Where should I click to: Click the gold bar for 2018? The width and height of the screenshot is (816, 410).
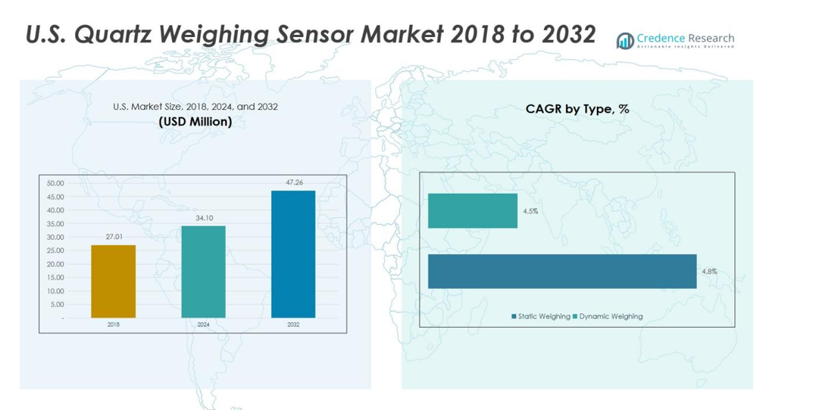tap(113, 281)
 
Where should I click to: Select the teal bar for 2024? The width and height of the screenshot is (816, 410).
tap(203, 272)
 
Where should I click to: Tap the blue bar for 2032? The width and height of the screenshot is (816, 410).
tap(293, 254)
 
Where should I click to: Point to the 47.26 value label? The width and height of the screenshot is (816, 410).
tap(293, 182)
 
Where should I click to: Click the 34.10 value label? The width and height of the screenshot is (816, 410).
tap(203, 218)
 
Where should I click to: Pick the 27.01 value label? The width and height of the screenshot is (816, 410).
tap(113, 237)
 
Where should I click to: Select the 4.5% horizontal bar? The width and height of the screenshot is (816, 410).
tap(473, 210)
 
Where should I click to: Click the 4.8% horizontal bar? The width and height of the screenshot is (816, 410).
tap(562, 271)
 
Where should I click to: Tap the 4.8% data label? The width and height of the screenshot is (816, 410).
tap(708, 271)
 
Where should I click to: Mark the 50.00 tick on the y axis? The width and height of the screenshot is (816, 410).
tap(55, 183)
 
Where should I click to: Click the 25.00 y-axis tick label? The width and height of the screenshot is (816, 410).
tap(55, 250)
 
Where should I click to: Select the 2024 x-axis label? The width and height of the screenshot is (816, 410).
tap(203, 324)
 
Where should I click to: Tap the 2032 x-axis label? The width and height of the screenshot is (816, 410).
tap(293, 324)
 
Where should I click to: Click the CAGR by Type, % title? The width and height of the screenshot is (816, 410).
tap(577, 109)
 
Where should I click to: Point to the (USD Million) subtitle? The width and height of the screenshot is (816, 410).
tap(195, 122)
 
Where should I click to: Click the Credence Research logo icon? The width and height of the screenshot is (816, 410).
tap(625, 41)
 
